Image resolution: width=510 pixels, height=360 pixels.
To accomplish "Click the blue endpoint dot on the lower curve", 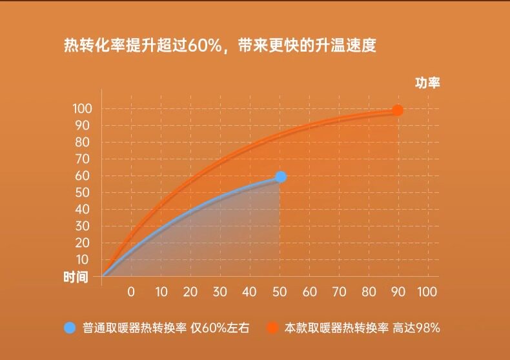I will pos(280,177).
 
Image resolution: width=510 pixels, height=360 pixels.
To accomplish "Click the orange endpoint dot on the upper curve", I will pos(398,110).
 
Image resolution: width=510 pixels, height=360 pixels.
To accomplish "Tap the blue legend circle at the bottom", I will pos(70,328).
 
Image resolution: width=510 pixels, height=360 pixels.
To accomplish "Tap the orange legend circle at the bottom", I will pos(272,328).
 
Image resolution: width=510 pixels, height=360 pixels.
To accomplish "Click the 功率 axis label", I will pos(427,83).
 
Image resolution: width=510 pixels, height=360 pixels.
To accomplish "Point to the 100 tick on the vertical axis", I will pos(82,108).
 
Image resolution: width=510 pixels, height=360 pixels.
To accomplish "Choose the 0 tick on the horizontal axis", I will pos(131,292).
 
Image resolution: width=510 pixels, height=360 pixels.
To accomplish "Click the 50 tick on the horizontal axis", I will pos(280,292).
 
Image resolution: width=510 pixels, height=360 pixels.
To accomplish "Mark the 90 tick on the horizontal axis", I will pos(398,292).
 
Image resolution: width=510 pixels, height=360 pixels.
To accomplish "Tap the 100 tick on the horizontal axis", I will pos(427,292).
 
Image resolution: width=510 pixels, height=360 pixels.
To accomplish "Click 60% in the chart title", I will pos(205,46).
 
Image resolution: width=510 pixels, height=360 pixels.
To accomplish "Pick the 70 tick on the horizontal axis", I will pos(338,292).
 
